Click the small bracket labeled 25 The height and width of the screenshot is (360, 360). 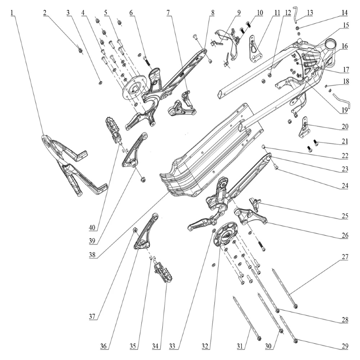pos(255,203)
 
